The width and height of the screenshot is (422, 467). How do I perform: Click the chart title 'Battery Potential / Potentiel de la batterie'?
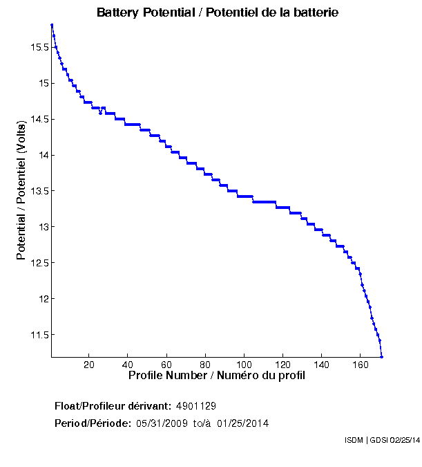point(218,12)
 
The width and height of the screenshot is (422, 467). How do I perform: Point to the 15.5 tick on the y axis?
point(38,47)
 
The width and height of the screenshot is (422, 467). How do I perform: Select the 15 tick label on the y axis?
point(42,83)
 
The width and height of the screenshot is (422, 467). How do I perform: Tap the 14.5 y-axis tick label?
point(38,119)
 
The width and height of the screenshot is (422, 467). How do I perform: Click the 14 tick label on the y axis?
point(42,155)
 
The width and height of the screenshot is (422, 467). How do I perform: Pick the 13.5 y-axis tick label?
point(38,191)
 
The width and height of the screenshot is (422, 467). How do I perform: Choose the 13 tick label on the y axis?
point(42,227)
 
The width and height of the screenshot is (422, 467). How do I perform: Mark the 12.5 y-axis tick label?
point(38,263)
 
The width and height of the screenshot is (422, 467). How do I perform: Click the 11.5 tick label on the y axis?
point(38,335)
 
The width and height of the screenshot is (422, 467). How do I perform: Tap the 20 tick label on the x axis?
point(89,365)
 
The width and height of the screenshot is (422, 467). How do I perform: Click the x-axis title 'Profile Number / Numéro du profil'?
point(217,376)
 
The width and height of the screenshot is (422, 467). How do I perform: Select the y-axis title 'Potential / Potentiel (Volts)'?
point(21,190)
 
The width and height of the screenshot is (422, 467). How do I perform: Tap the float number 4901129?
point(197,405)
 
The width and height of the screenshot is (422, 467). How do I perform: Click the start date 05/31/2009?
point(162,423)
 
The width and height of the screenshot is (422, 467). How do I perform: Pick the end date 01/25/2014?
point(242,423)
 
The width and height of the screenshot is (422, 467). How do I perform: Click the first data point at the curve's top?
point(52,25)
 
